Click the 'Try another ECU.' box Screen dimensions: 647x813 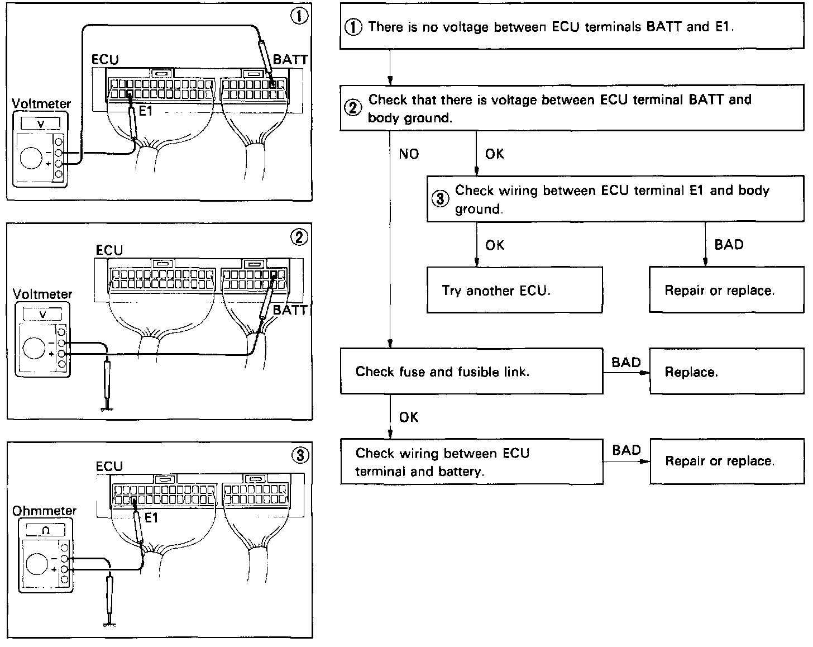514,290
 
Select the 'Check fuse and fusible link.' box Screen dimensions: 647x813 471,372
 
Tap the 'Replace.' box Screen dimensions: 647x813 726,372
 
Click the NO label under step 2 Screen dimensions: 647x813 409,154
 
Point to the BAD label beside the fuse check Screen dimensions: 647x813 626,362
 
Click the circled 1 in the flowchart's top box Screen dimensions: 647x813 353,27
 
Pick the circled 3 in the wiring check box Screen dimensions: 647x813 441,199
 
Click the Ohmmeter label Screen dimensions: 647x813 44,511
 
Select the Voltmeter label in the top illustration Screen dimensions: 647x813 41,104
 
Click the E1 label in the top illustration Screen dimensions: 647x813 145,111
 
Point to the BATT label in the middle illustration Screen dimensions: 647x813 290,310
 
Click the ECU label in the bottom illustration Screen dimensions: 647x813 109,466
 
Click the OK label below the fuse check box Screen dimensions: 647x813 409,417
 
